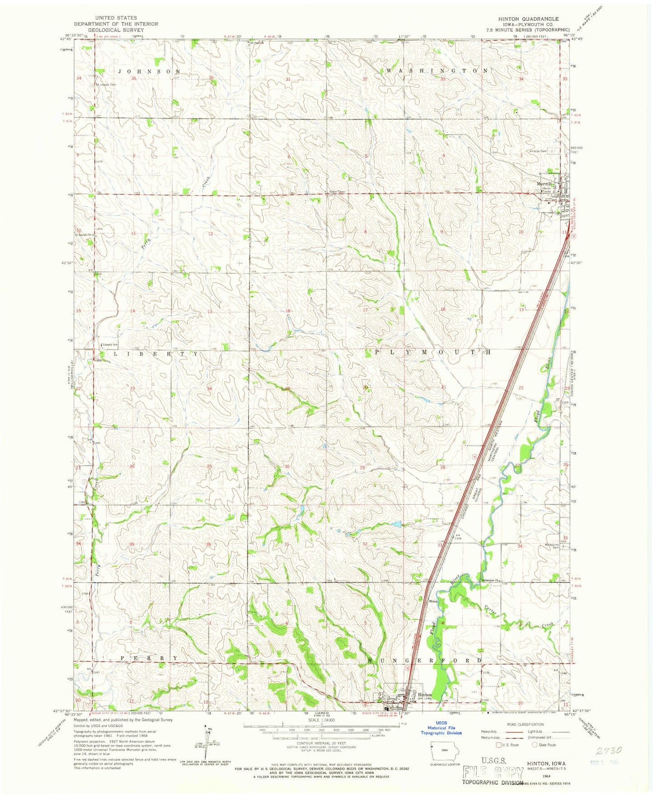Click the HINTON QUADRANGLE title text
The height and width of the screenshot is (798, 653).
click(522, 19)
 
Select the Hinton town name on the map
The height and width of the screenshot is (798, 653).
click(424, 695)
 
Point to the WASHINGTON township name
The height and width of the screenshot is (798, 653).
click(437, 71)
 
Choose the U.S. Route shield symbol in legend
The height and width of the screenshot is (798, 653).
click(499, 745)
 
